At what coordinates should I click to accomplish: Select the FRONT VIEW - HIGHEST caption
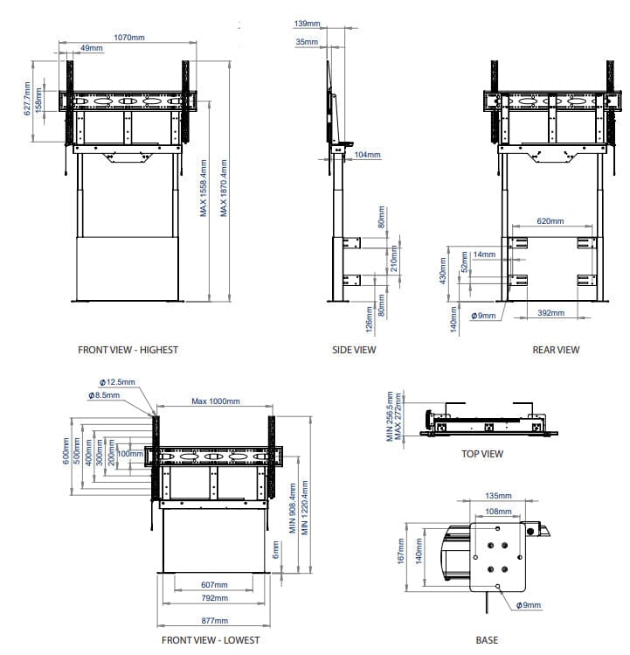tap(128, 350)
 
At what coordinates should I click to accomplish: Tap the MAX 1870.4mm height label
tap(224, 188)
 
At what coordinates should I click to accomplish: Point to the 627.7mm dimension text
tap(27, 99)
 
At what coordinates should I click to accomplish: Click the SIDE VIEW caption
tap(354, 350)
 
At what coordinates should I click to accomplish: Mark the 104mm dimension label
tap(368, 155)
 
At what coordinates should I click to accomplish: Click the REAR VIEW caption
tap(556, 350)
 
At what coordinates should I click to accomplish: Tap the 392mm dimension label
tap(550, 312)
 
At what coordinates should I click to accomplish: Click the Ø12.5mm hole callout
tap(117, 382)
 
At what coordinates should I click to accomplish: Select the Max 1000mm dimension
tap(215, 401)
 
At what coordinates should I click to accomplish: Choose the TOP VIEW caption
tap(482, 454)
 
